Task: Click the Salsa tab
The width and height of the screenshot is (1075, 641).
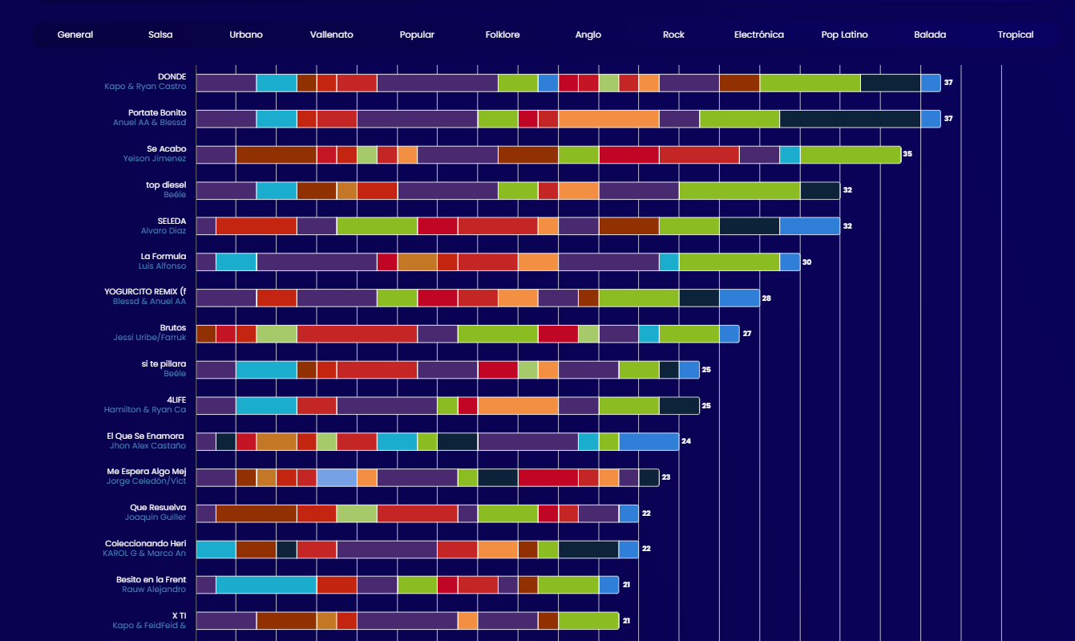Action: [x=160, y=34]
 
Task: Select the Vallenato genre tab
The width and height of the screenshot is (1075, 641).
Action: [x=332, y=34]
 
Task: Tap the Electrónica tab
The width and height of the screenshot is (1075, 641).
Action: [x=759, y=34]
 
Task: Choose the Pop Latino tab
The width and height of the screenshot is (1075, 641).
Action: [x=844, y=34]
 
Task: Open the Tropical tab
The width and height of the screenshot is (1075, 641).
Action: [x=1016, y=34]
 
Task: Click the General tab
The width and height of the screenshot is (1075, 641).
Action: [x=75, y=34]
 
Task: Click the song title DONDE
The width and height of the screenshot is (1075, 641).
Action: [x=172, y=77]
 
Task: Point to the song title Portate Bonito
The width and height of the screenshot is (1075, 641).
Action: [x=157, y=113]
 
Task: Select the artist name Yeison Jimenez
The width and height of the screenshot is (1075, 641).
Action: [x=155, y=159]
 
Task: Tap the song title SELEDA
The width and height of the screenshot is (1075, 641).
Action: [x=172, y=221]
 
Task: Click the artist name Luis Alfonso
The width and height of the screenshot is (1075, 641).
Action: [x=162, y=266]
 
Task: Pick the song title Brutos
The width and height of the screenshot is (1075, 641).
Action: [x=172, y=328]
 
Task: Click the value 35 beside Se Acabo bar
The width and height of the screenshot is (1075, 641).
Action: [x=907, y=154]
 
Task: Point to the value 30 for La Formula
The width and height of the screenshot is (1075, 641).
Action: [x=807, y=262]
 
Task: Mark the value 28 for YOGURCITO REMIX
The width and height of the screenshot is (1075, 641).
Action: [x=766, y=298]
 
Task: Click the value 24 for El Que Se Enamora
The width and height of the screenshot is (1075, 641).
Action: [x=686, y=441]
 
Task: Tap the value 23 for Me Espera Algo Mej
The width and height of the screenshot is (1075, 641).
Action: [x=665, y=477]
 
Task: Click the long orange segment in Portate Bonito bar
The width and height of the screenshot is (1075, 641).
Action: [x=608, y=119]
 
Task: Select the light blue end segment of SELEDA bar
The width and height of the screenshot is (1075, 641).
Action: [x=810, y=226]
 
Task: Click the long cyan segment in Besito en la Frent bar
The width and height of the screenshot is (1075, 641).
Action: [x=266, y=585]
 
